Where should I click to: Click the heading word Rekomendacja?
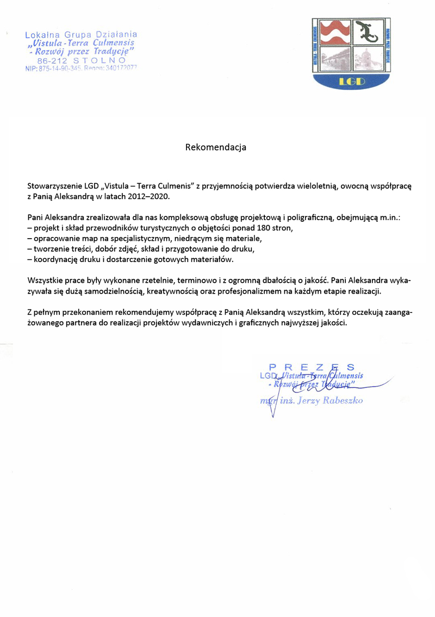216,147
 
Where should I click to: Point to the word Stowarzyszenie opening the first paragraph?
54,185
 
